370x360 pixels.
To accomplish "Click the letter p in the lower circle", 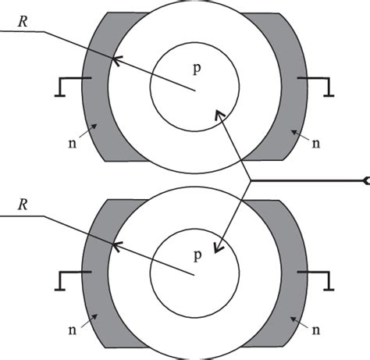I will point(197,255).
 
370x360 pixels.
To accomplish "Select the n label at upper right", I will point(315,143).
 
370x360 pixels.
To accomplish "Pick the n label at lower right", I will point(315,330).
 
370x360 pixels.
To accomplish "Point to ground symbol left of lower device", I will point(68,277).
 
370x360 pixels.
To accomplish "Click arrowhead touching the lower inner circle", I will point(218,249).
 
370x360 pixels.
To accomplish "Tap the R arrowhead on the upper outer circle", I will point(117,59).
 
